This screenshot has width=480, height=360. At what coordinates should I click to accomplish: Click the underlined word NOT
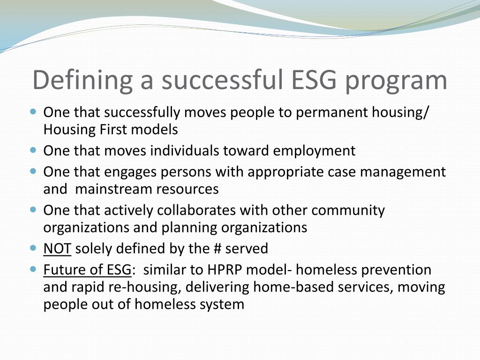click(x=57, y=248)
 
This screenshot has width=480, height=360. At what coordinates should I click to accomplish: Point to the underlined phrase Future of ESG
click(x=88, y=270)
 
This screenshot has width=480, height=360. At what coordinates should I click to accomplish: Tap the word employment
click(x=315, y=150)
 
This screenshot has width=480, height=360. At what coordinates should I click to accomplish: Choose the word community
click(x=348, y=210)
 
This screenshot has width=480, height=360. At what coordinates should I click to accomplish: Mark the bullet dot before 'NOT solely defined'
click(x=33, y=247)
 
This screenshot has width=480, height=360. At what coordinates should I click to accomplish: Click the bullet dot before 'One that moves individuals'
click(x=33, y=150)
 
